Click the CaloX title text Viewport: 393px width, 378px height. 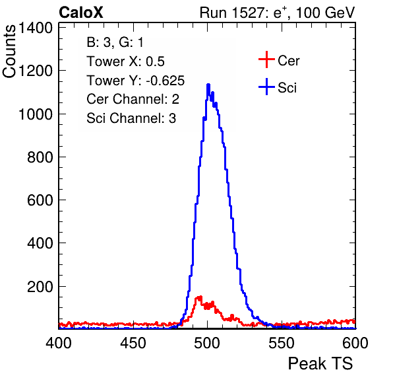click(x=80, y=13)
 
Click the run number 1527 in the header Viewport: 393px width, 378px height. click(x=247, y=13)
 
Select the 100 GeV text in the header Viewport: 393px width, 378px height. click(x=325, y=13)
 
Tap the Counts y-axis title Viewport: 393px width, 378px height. click(x=9, y=52)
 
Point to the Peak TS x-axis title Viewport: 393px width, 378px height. click(x=320, y=363)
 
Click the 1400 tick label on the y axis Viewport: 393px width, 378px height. click(x=36, y=28)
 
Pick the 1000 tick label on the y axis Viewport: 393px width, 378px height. click(x=36, y=114)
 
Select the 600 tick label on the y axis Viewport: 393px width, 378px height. click(x=40, y=200)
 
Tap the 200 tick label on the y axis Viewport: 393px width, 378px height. click(x=40, y=287)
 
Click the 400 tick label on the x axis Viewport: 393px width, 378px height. click(x=59, y=343)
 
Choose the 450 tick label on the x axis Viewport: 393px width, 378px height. click(x=133, y=343)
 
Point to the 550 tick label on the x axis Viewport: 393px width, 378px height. click(x=281, y=343)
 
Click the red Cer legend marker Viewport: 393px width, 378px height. click(x=266, y=59)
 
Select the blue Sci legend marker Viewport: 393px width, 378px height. click(x=266, y=87)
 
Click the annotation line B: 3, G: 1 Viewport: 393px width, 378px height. click(x=115, y=42)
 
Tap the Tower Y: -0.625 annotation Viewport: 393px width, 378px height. click(x=136, y=81)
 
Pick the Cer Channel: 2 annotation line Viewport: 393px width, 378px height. click(x=133, y=99)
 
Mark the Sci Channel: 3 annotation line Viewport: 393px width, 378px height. click(x=131, y=118)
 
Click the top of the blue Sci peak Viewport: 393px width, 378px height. click(x=208, y=85)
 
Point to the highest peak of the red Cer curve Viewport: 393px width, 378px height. click(x=200, y=297)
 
